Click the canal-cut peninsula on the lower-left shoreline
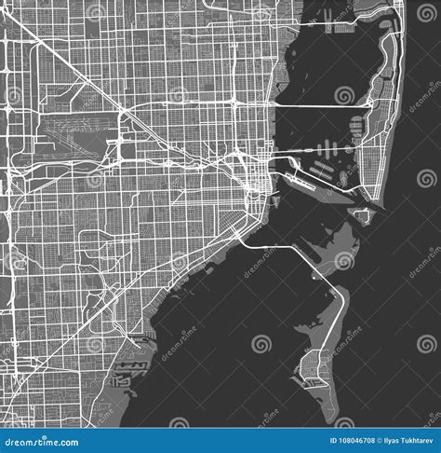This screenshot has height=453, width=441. click(x=126, y=373)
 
